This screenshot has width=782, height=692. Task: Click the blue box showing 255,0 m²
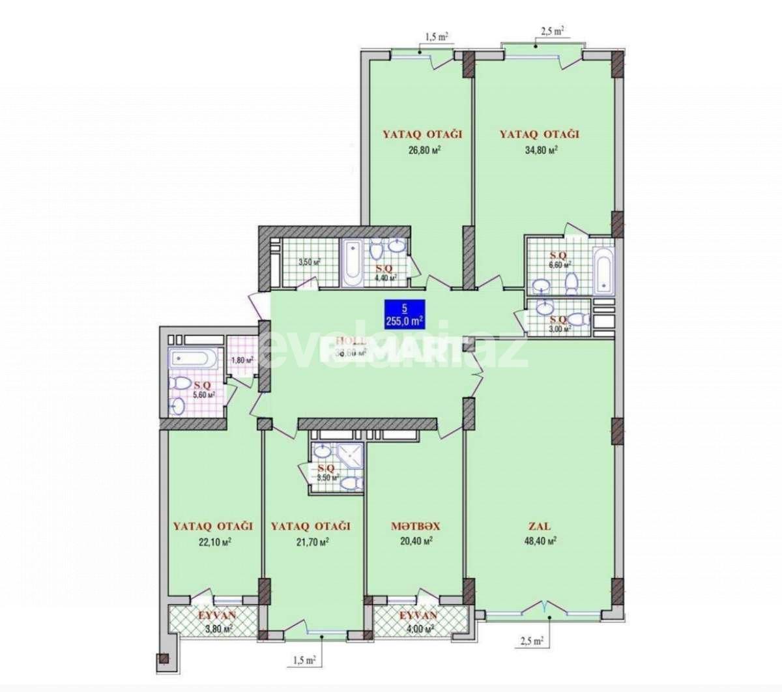coord(405,315)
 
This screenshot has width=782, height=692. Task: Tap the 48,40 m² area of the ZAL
coord(542,541)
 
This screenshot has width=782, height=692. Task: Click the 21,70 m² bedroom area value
coord(311,541)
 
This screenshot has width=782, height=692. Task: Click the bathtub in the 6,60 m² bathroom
coord(602,269)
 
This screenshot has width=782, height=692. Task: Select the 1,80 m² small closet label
coord(242,360)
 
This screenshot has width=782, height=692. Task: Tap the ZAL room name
coord(542,526)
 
